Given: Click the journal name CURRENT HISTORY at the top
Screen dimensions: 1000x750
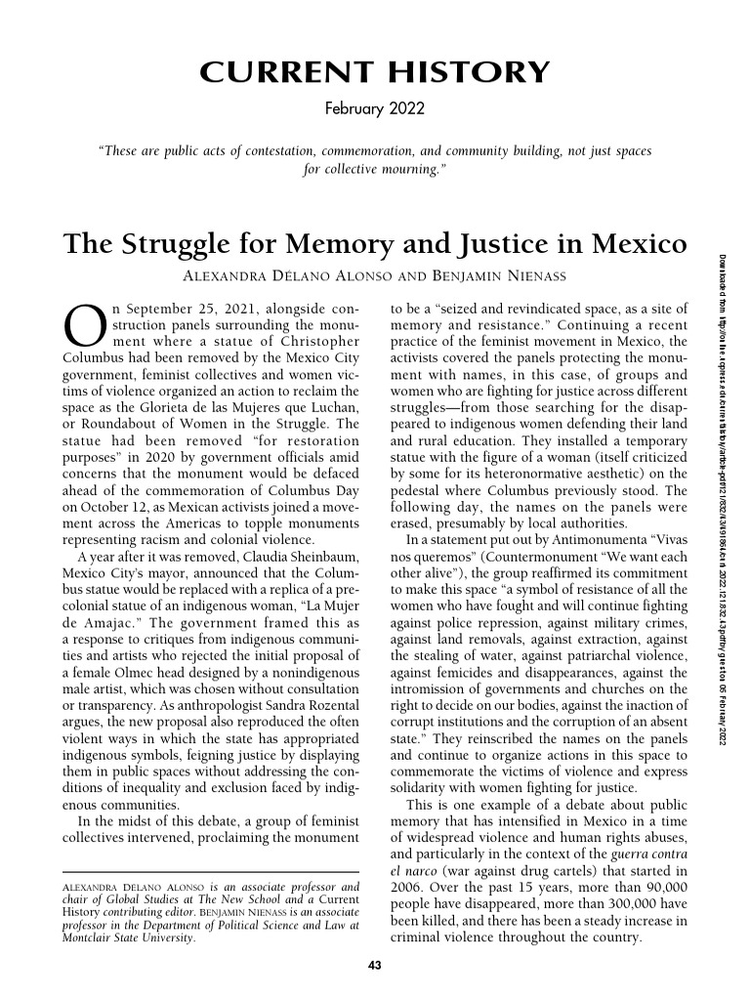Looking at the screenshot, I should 374,72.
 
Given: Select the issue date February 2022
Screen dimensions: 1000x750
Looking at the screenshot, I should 374,107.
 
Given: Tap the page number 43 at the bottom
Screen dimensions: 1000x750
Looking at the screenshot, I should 374,966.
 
